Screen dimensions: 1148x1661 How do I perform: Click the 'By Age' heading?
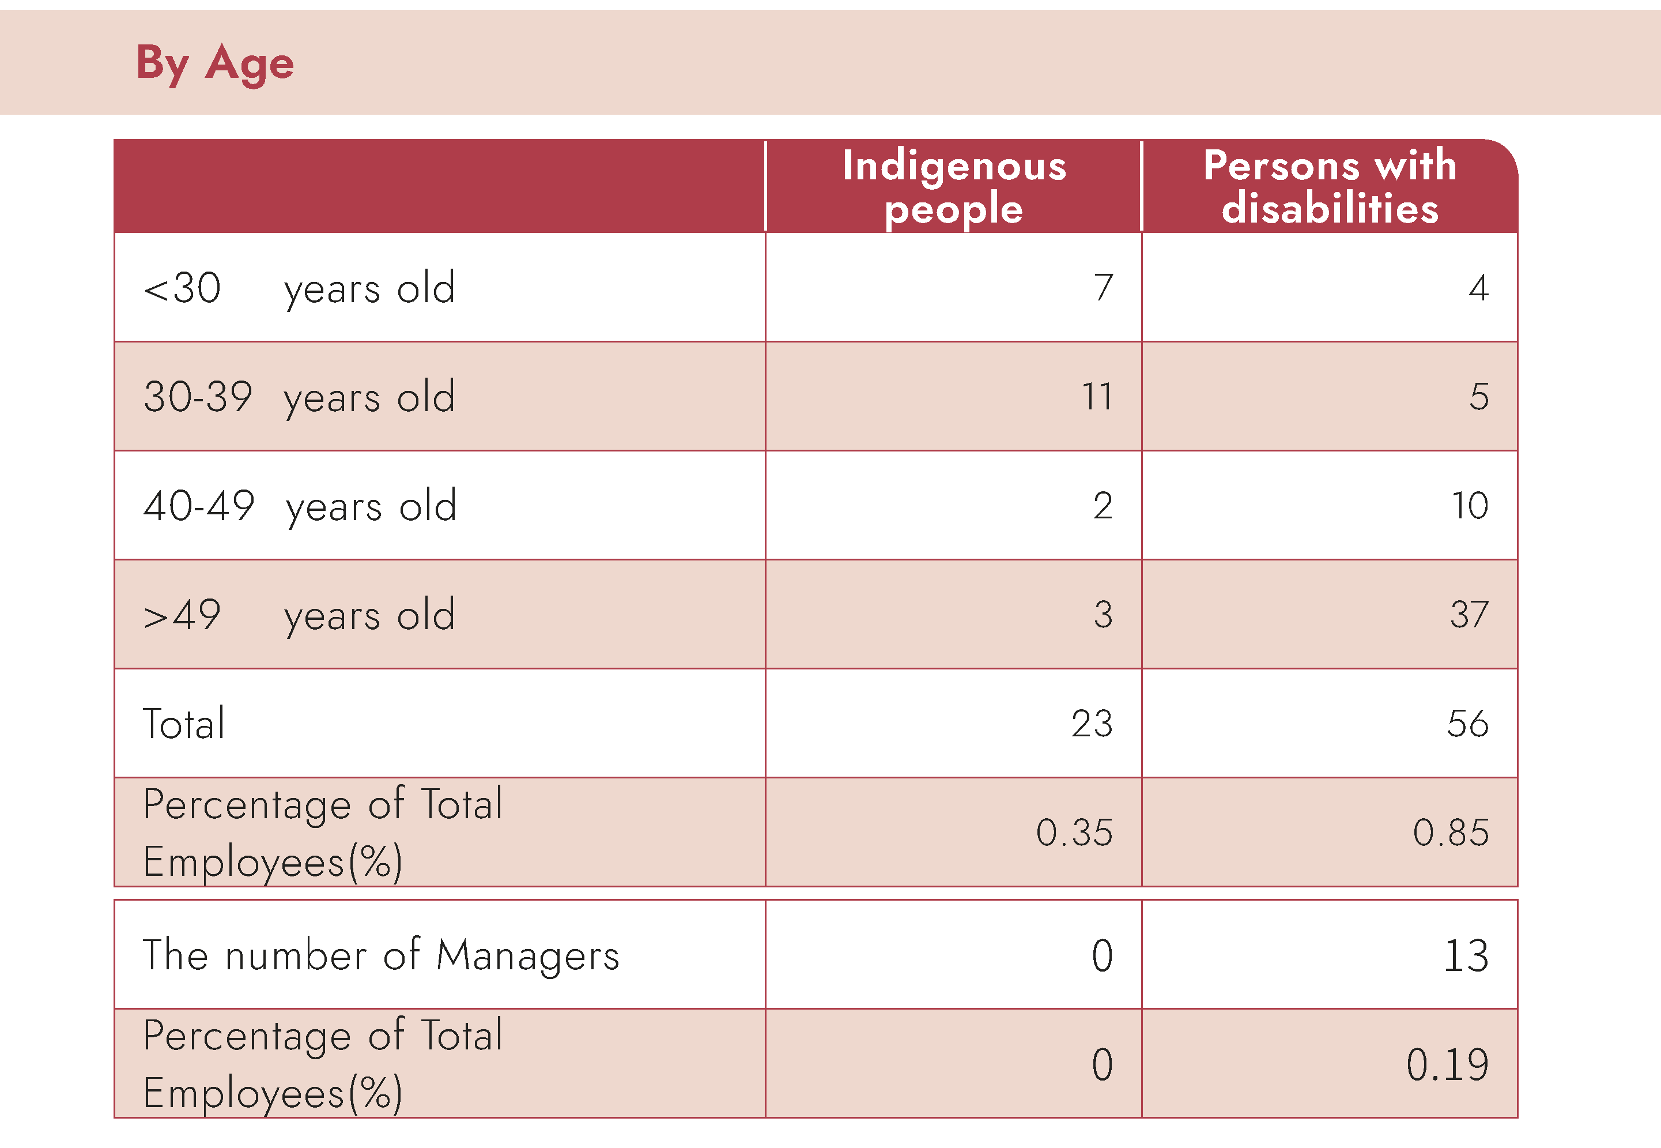point(214,63)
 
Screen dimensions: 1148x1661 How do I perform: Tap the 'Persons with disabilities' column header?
point(1330,187)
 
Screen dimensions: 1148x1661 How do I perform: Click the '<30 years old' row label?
point(299,288)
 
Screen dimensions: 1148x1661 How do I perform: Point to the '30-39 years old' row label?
point(299,397)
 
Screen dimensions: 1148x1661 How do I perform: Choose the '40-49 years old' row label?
point(300,506)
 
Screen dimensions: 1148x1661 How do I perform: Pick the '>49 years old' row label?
point(299,616)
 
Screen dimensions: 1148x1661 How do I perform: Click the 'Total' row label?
point(184,724)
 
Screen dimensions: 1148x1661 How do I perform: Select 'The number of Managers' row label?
point(381,956)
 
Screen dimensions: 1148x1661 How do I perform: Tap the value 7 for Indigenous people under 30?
point(1104,288)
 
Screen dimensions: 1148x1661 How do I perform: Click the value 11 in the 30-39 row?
point(1097,397)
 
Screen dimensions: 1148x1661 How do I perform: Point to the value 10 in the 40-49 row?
point(1470,506)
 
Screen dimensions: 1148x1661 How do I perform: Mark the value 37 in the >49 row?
point(1469,615)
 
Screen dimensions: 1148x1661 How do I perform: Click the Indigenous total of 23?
point(1092,724)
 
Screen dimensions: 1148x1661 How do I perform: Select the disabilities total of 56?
point(1467,724)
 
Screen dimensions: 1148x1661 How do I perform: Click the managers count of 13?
point(1466,956)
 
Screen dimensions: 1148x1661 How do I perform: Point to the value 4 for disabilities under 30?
point(1478,288)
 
